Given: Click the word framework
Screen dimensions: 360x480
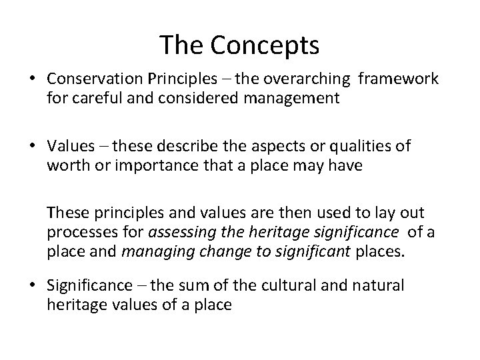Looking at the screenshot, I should click(x=398, y=79).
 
